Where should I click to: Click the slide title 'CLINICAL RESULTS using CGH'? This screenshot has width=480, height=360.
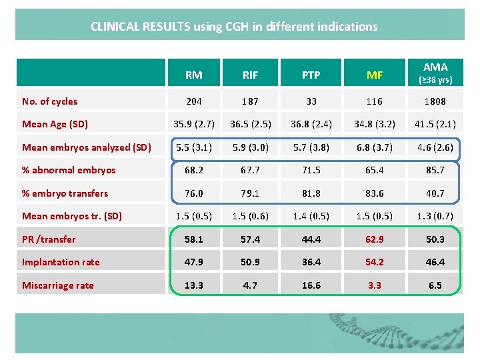click(x=234, y=27)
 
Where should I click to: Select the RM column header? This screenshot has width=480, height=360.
click(x=194, y=75)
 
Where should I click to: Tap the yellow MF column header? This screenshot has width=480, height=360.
click(x=375, y=75)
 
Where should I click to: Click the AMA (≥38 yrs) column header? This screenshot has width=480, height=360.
click(x=435, y=73)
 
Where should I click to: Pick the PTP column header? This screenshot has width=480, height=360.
click(x=311, y=75)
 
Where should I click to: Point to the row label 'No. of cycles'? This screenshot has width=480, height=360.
click(x=50, y=101)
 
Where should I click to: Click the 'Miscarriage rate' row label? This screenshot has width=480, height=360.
click(x=58, y=285)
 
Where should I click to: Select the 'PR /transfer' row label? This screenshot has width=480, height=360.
click(x=49, y=239)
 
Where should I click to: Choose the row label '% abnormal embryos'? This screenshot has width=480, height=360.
click(x=69, y=170)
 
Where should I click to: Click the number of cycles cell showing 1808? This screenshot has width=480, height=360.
click(x=435, y=101)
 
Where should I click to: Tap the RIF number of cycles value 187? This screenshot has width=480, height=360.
click(x=250, y=101)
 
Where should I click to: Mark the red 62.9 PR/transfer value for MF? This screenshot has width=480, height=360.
click(x=375, y=239)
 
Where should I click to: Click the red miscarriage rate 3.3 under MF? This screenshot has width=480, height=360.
click(x=375, y=285)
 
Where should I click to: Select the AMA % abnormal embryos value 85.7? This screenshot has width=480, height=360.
click(x=435, y=170)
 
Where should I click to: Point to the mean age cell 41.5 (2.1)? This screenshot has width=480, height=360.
click(x=435, y=124)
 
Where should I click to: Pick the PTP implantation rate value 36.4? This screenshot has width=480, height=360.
click(x=311, y=262)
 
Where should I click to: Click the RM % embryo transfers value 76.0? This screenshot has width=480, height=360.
click(x=194, y=193)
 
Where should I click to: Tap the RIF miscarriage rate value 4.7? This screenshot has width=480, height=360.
click(x=250, y=285)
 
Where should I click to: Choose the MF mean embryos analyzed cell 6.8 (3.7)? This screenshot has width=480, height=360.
click(x=375, y=147)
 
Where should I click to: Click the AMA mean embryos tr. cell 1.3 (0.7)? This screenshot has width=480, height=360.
click(x=435, y=216)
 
